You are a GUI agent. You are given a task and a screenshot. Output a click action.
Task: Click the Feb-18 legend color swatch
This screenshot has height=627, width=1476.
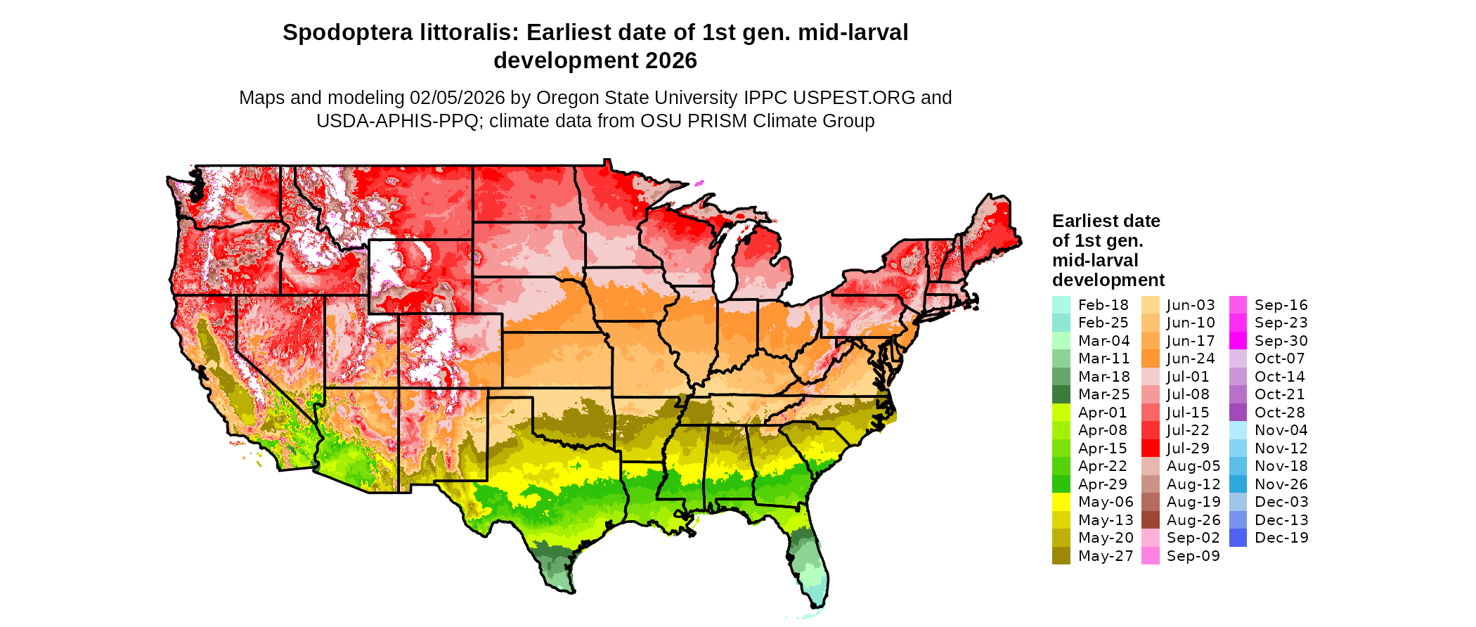[x=1061, y=305]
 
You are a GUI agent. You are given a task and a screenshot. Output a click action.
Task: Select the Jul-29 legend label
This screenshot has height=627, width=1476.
[x=1188, y=448]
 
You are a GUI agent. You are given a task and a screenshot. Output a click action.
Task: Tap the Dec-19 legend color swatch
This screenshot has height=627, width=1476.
[x=1238, y=538]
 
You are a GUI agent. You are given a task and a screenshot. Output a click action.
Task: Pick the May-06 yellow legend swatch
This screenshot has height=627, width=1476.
[x=1061, y=502]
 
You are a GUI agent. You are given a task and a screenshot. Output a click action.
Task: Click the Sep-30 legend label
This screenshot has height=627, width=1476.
[x=1281, y=341]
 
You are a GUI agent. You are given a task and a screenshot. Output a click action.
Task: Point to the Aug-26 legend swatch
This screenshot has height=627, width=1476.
[x=1150, y=520]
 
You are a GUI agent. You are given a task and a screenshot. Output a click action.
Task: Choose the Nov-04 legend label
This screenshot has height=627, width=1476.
[x=1281, y=430]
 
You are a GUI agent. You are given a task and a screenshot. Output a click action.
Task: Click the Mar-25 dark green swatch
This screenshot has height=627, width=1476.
[x=1061, y=394]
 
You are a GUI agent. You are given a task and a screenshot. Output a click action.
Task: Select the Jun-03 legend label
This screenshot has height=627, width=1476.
[x=1191, y=305]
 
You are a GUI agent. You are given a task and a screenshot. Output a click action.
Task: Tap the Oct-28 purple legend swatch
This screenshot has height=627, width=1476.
[x=1238, y=413]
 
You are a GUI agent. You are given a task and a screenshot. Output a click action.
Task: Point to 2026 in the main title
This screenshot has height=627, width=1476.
[x=671, y=61]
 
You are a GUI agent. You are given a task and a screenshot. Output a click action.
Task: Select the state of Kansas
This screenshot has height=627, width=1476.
[x=555, y=358]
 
